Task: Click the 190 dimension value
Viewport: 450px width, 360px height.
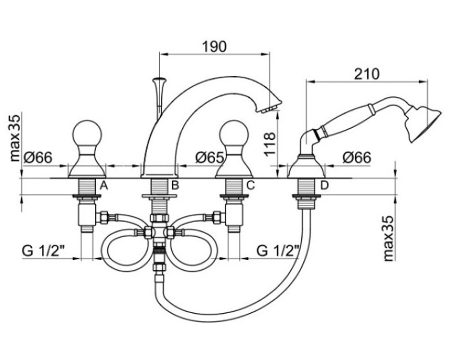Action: (x=214, y=46)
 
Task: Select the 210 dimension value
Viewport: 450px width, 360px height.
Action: (x=366, y=74)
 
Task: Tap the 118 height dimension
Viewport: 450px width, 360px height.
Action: (x=270, y=144)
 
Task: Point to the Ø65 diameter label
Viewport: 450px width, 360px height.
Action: (x=210, y=157)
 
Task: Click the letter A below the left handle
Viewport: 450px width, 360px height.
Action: (x=104, y=186)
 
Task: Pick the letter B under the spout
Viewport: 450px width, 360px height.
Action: (x=175, y=185)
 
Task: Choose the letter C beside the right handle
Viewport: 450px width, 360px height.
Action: (x=251, y=185)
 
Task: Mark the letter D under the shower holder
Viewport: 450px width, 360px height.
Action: (x=324, y=185)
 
